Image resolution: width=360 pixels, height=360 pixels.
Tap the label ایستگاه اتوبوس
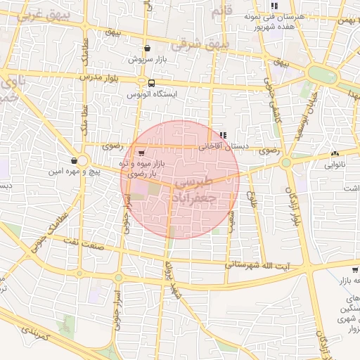tap(152, 93)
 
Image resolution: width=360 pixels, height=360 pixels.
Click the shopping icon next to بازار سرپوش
tap(147, 48)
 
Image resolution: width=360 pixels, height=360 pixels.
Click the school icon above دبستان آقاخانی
tap(223, 135)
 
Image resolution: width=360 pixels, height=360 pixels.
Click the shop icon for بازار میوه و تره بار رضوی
tap(142, 152)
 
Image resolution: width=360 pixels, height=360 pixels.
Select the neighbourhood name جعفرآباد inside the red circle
tap(210, 198)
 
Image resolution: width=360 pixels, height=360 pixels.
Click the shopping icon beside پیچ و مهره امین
tap(75, 160)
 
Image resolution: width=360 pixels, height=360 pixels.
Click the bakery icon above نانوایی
tap(335, 153)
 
